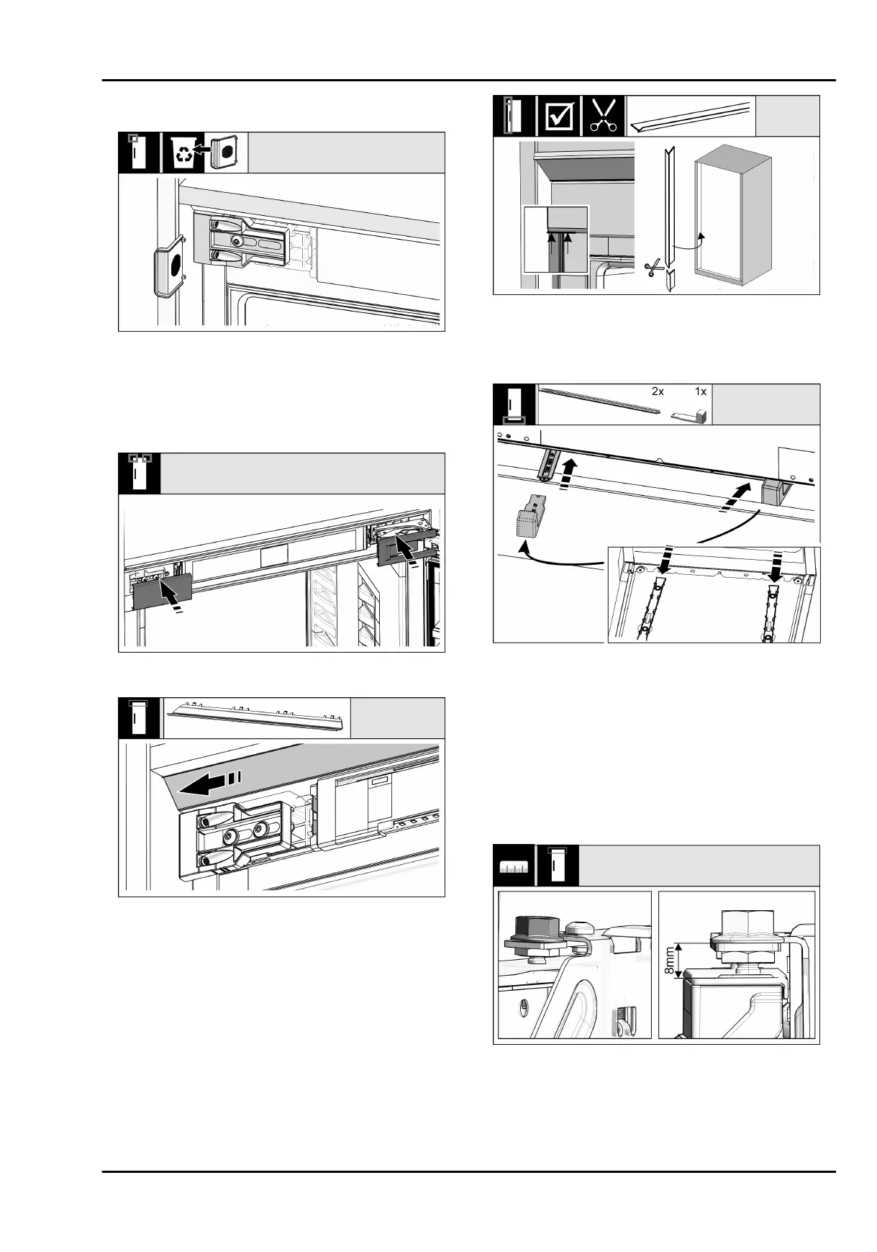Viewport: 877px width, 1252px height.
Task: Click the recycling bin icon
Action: [183, 153]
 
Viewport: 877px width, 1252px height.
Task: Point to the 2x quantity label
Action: [658, 393]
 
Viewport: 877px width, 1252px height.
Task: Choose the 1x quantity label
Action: [701, 393]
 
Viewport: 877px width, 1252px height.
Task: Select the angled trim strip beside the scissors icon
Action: [691, 116]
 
